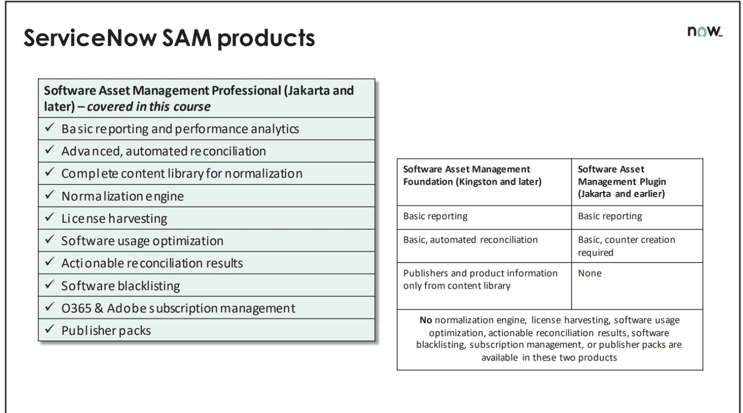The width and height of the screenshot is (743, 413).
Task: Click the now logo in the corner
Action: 704,31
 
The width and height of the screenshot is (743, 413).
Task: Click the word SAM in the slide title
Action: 186,38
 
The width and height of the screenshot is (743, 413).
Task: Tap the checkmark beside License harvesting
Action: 50,217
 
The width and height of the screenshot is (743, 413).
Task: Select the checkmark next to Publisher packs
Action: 50,329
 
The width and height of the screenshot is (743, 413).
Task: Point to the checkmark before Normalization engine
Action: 50,195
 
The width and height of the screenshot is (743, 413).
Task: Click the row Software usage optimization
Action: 142,241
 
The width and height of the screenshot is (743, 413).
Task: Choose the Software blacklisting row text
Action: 121,286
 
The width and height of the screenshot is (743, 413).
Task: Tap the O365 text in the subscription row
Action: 76,308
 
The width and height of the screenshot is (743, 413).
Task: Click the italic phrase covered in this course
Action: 149,107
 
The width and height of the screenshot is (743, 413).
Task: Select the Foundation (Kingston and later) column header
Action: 472,175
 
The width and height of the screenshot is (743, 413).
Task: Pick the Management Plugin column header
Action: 622,181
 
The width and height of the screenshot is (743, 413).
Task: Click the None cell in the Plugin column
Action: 590,273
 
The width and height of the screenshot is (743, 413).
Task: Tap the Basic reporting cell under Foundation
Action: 435,216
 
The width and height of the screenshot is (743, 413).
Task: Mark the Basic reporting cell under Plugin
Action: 610,216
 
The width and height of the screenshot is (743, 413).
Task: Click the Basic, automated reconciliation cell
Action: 470,240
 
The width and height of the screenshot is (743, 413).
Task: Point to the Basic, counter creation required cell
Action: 626,246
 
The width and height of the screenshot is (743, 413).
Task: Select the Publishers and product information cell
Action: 480,279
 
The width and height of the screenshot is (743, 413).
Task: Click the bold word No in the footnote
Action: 426,320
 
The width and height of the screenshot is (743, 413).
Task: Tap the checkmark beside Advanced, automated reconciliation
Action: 50,150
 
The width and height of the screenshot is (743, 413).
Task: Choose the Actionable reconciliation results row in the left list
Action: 152,263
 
